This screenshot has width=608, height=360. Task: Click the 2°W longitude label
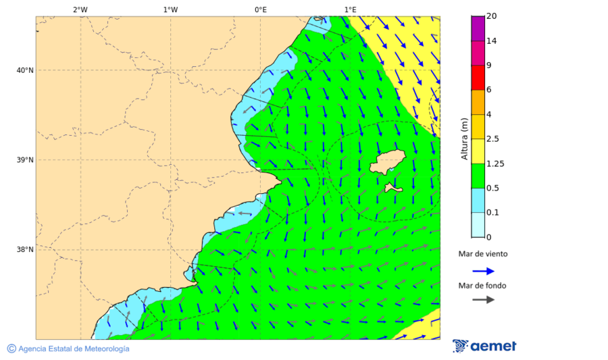point(80,10)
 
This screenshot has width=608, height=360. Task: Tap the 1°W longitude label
point(170,10)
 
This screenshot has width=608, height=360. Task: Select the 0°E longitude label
point(260,10)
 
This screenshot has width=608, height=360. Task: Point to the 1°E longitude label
point(350,10)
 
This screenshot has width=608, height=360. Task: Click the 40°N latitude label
point(25,70)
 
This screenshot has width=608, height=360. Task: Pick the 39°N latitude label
point(25,160)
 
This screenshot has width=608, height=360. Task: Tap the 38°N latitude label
point(25,250)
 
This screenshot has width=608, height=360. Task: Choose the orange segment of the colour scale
point(478,102)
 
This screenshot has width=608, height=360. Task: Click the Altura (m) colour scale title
point(464,139)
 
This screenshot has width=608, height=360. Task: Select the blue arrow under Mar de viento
point(483,271)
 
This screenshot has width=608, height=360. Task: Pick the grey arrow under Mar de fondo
point(483,300)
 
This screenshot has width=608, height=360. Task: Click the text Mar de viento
point(482,255)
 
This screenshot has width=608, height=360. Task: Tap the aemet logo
point(484,346)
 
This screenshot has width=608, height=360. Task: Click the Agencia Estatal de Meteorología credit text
point(73,349)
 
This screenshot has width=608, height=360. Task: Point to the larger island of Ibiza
point(387,163)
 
